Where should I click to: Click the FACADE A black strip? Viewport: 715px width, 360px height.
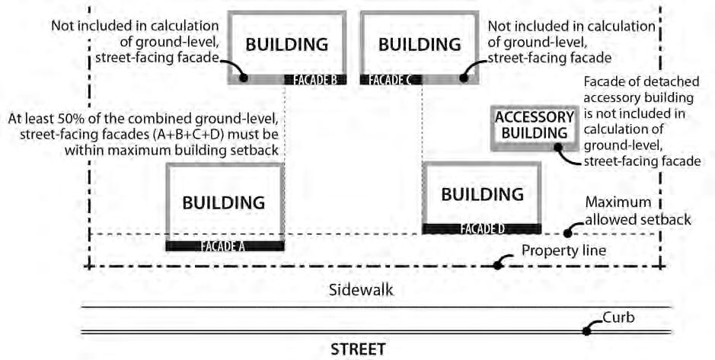[225, 246]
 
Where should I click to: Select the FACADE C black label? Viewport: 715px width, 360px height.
[391, 79]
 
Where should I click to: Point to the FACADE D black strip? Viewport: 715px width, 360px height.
[482, 228]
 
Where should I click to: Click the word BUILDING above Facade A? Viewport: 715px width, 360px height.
[223, 202]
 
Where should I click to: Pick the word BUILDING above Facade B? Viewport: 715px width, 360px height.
[286, 44]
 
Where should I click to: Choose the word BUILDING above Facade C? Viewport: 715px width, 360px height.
[420, 44]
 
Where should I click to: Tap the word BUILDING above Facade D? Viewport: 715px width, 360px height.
[483, 193]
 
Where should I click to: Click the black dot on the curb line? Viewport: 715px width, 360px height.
[587, 331]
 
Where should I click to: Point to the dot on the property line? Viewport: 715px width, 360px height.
[498, 265]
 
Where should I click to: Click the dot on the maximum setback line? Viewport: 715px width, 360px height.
[567, 233]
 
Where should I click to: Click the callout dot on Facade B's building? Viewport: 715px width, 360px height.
[244, 77]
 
